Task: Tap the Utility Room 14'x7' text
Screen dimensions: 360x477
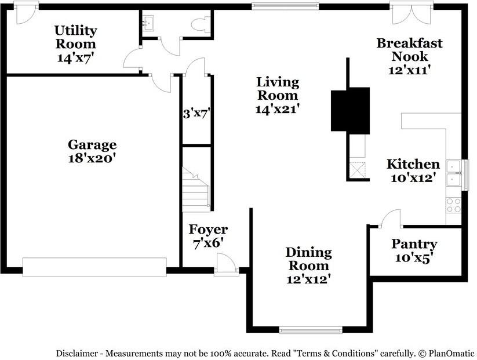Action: click(x=75, y=44)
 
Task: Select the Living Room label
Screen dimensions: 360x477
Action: click(x=278, y=95)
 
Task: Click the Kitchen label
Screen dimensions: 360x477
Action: click(x=413, y=170)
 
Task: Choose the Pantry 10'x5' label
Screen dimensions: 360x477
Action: click(x=414, y=250)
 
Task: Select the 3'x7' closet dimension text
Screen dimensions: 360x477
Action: click(x=196, y=114)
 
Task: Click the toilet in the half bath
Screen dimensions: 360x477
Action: click(x=201, y=24)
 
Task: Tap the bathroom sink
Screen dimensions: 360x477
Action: click(x=148, y=23)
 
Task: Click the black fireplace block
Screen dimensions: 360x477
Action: click(x=350, y=110)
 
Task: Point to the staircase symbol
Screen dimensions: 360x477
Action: click(x=195, y=188)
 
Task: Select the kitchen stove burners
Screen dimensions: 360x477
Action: click(x=453, y=205)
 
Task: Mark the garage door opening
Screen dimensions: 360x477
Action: click(x=94, y=267)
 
